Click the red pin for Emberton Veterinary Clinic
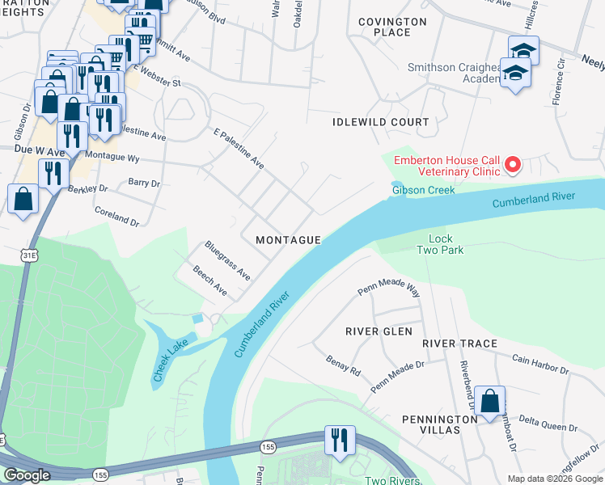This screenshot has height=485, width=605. pos(512,166)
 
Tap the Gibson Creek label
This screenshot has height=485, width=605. pos(423,190)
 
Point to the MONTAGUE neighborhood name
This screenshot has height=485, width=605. pos(289,240)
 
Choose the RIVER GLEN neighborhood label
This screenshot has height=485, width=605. pos(379,331)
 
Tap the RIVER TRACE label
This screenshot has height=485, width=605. pos(459,344)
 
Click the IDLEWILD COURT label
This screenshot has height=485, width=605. pos(381,122)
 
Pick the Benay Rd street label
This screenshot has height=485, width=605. pos(343,366)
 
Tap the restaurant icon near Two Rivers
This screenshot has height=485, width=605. pos(338,440)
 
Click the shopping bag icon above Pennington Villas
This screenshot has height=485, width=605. pos(489,400)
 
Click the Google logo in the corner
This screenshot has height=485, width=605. pos(27,475)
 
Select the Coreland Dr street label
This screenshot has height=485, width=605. pos(117,217)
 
